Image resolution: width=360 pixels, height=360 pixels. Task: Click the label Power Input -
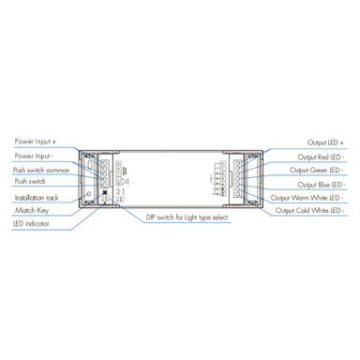click(x=34, y=156)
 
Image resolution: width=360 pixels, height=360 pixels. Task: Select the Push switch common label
click(x=40, y=170)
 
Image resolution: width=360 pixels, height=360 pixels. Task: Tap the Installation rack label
click(x=37, y=198)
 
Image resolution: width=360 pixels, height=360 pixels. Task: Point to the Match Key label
click(x=31, y=212)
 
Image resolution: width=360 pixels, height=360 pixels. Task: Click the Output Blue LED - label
click(x=319, y=185)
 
